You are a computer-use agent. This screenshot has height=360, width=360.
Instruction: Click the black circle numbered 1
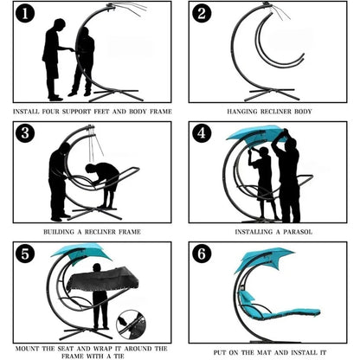(x=25, y=13)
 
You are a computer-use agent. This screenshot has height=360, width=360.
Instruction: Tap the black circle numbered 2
(x=202, y=13)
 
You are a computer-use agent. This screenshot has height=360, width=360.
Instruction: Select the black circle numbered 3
(x=25, y=133)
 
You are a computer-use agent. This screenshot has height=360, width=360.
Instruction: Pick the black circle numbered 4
(x=202, y=133)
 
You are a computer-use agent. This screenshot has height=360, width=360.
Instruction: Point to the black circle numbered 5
(x=25, y=254)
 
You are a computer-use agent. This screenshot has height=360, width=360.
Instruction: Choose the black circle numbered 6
(x=202, y=254)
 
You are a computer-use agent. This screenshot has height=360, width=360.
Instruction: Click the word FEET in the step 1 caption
(x=101, y=112)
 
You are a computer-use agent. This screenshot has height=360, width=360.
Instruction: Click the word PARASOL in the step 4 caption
(x=298, y=232)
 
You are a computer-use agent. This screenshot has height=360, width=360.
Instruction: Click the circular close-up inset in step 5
(x=131, y=325)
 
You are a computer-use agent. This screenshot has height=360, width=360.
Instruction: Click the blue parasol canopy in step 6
(x=264, y=258)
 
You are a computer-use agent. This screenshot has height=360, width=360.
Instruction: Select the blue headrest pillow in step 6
(x=247, y=297)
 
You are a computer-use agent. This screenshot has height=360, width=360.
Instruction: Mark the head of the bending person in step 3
(x=89, y=169)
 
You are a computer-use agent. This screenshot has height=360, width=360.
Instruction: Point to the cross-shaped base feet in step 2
(x=272, y=94)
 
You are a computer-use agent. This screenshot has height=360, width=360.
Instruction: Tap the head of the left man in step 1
(x=60, y=24)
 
